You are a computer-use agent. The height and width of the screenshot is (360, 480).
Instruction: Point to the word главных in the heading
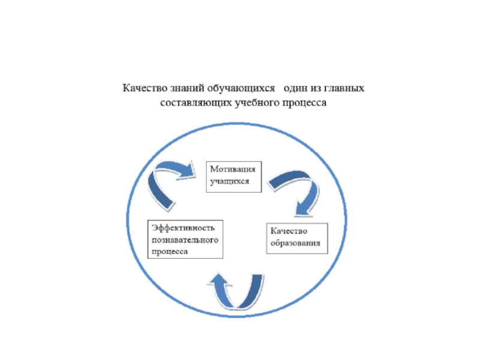click(346, 89)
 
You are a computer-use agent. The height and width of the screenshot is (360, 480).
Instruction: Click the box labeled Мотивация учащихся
click(235, 175)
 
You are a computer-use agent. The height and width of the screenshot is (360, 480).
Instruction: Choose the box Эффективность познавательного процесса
click(185, 239)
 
